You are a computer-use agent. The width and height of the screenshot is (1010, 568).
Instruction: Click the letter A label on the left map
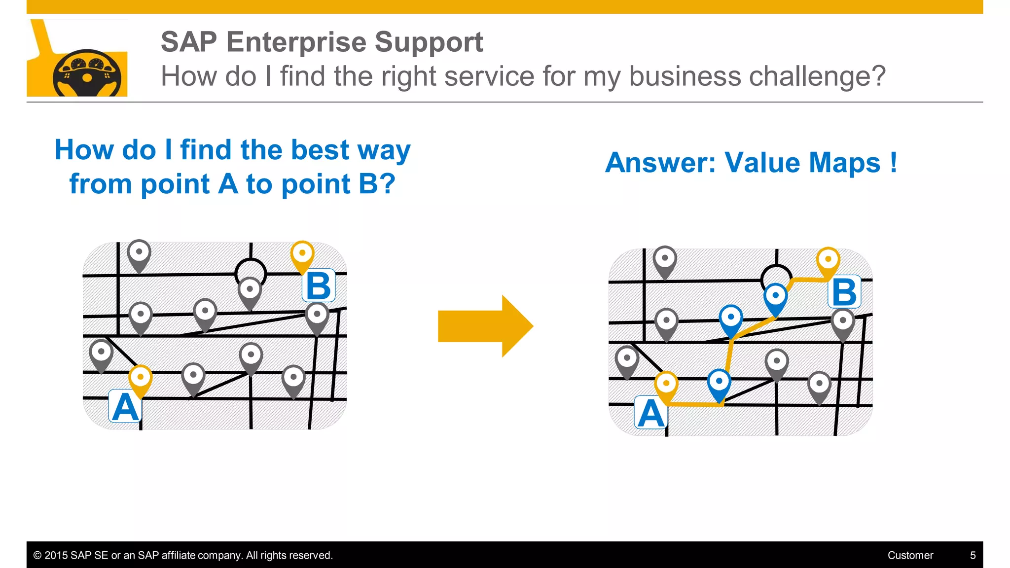125,407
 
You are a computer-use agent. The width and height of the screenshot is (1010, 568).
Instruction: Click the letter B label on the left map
318,286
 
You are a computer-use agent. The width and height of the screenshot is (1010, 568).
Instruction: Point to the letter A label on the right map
651,413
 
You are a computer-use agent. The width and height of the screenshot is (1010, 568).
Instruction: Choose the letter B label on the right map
844,292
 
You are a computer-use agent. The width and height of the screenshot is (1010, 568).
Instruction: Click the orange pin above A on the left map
141,379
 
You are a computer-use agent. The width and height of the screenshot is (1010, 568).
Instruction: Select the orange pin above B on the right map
828,261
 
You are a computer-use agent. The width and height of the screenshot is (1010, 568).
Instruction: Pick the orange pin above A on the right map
666,385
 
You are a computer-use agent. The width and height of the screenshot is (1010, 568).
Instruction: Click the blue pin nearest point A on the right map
719,383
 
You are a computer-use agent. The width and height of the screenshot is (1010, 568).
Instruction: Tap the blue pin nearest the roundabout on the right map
776,297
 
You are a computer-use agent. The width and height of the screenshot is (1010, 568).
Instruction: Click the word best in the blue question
320,150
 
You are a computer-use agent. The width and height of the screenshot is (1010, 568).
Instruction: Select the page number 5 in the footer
973,555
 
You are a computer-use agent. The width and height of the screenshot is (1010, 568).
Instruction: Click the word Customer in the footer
910,555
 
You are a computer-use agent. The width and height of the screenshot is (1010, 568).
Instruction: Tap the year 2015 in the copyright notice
56,555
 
